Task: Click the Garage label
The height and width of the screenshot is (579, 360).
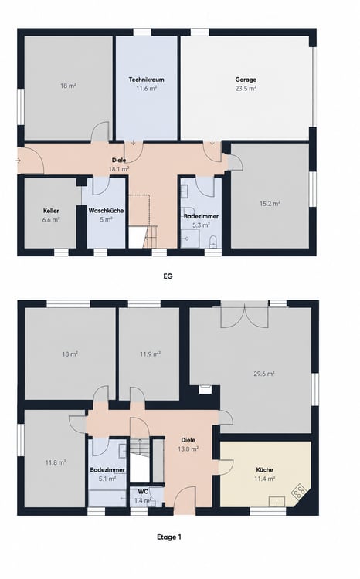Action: (246, 80)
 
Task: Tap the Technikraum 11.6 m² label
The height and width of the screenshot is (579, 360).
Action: (146, 84)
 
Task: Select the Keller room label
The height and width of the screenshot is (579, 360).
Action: (51, 211)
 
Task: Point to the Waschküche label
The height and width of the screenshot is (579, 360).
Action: (106, 211)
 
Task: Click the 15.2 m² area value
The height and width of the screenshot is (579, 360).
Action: (270, 204)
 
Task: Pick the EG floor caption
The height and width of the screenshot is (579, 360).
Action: (168, 276)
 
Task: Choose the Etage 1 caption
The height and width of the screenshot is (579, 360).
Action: (169, 537)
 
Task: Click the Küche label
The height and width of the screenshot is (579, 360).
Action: (265, 470)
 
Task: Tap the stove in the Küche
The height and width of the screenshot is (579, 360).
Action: (299, 492)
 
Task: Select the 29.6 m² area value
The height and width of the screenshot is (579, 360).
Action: (264, 374)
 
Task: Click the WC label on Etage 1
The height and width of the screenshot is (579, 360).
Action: (143, 492)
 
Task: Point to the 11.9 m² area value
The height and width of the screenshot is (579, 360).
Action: (150, 354)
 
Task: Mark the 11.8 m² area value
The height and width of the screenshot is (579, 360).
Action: (56, 462)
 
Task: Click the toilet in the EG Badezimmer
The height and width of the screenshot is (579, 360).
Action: (213, 242)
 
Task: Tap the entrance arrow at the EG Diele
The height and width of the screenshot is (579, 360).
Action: (19, 161)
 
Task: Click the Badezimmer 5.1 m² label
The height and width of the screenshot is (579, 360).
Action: (107, 475)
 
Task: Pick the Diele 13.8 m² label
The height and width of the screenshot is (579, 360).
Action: (188, 445)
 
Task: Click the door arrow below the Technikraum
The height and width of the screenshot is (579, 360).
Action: (134, 143)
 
